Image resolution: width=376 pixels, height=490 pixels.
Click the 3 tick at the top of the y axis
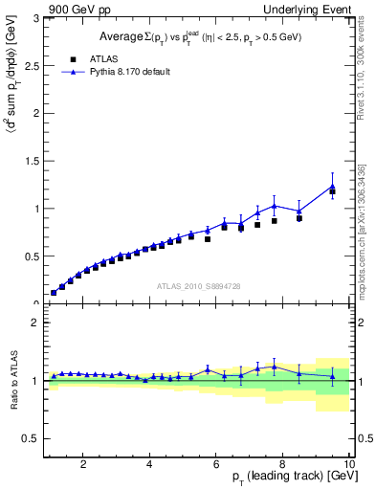click(34, 18)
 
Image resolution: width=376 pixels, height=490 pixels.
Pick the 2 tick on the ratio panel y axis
click(34, 323)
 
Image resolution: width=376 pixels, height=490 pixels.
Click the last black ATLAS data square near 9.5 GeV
click(333, 191)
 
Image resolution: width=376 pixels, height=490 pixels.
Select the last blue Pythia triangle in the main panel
click(333, 186)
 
